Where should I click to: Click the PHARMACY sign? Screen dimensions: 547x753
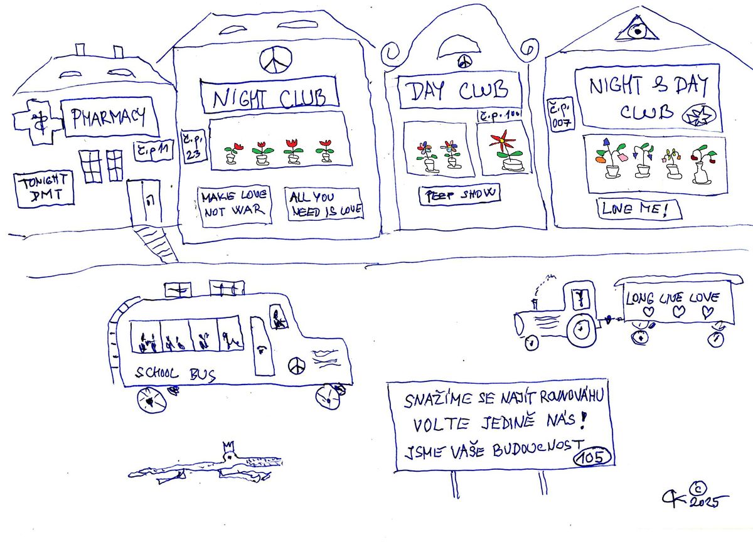point(110,117)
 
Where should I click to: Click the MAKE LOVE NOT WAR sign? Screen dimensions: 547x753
point(233,204)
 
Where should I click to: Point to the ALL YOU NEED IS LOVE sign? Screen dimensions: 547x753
point(324,204)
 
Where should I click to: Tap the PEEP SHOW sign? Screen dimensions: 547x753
point(460,194)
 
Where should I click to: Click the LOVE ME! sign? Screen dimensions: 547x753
point(639,209)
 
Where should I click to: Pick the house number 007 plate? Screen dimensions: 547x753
point(560,115)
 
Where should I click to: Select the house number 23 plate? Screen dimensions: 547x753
point(191,148)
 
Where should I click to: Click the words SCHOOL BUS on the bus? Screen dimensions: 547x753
point(176,374)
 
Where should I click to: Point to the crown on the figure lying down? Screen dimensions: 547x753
point(228,447)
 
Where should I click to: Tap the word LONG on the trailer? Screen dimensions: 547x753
point(640,299)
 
